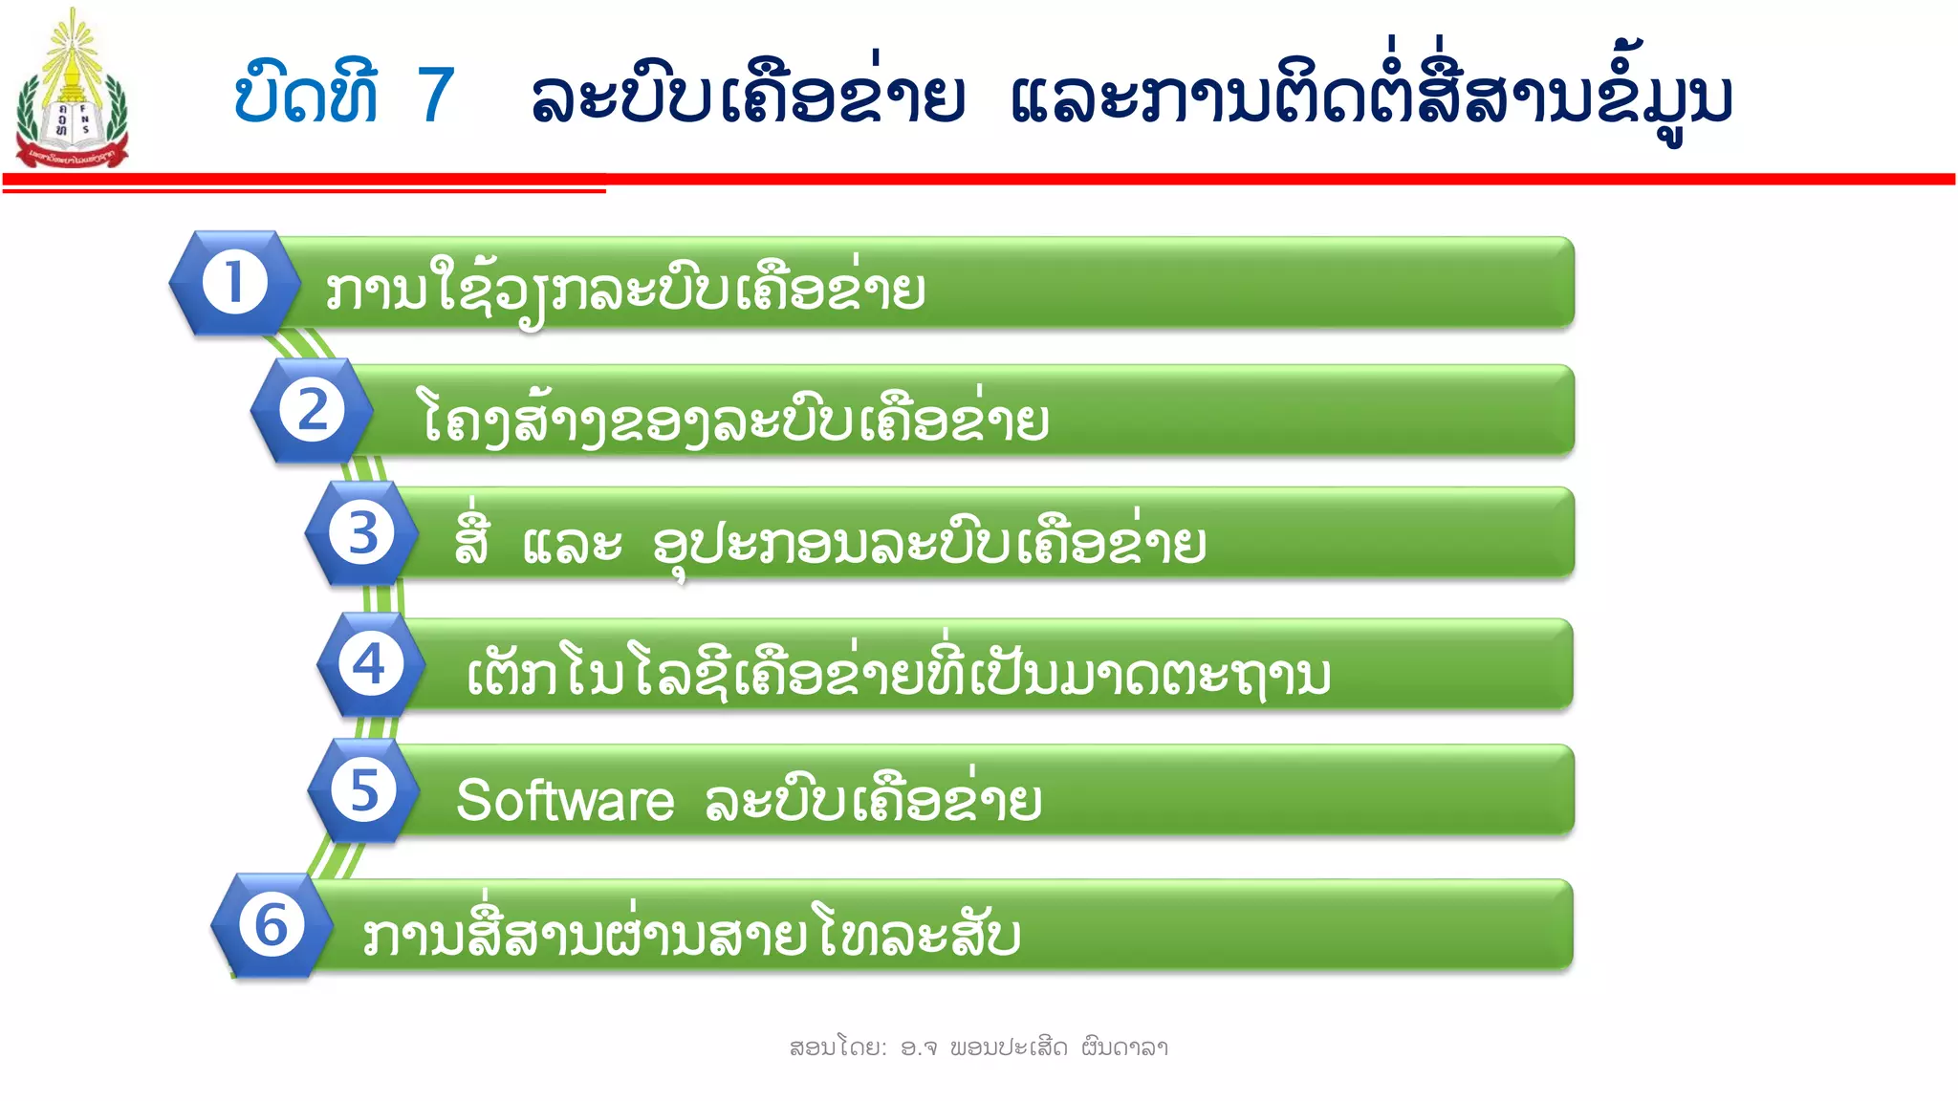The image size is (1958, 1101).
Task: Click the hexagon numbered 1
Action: [234, 283]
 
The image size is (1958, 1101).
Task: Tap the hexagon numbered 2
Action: [312, 411]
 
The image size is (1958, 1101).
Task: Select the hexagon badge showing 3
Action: [361, 533]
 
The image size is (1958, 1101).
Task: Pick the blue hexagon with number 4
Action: [370, 664]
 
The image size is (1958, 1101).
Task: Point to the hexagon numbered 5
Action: [363, 790]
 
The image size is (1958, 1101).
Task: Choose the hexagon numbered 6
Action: [272, 925]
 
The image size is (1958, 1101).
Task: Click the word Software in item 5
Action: [565, 801]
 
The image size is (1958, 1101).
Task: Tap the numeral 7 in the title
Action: [436, 96]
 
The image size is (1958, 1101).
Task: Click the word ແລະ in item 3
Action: [573, 545]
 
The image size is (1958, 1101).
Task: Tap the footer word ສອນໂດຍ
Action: [837, 1047]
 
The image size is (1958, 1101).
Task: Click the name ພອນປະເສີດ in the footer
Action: [1008, 1047]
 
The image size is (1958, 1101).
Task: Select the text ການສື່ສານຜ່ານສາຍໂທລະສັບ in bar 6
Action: [691, 933]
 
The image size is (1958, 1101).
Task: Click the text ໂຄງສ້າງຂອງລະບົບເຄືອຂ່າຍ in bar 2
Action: [735, 421]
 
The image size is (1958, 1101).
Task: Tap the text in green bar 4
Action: [899, 673]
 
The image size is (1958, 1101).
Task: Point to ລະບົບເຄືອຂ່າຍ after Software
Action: [873, 801]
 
